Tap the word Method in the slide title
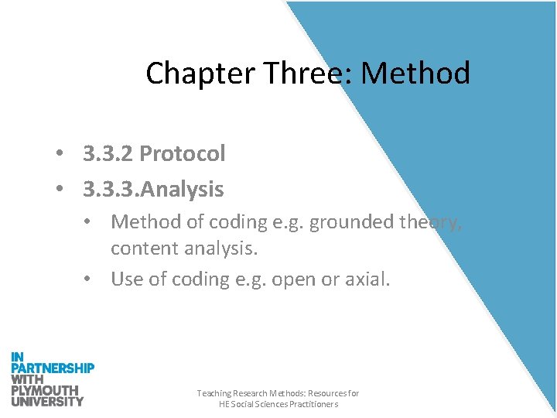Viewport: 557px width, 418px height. click(x=415, y=74)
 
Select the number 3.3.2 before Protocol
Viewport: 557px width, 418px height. click(x=108, y=153)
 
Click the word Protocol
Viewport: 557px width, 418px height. click(x=183, y=154)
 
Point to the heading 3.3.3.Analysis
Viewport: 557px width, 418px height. click(x=153, y=189)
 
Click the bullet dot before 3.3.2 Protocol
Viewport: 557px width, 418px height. click(x=59, y=154)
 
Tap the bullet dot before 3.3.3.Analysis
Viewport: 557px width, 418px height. click(x=59, y=190)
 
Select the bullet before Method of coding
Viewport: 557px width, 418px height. click(x=91, y=222)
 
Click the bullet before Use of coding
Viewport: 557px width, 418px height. click(x=91, y=279)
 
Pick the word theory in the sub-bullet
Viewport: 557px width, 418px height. click(x=432, y=222)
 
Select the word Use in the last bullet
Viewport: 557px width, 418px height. click(x=127, y=279)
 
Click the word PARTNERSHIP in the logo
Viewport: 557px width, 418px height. click(x=53, y=368)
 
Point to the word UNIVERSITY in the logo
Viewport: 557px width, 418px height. click(x=47, y=401)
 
